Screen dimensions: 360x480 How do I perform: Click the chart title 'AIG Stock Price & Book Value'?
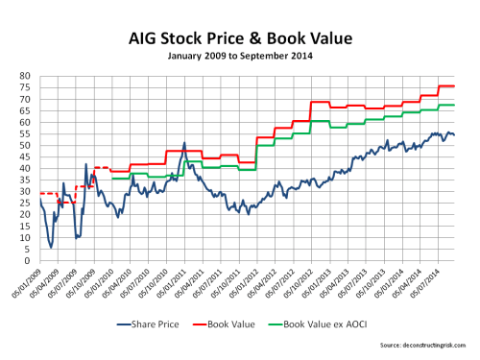click(241, 41)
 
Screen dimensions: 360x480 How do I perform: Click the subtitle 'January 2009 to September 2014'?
click(241, 58)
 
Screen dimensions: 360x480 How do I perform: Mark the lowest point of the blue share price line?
click(51, 248)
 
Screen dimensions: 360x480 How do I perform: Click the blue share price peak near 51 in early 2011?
click(183, 143)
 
